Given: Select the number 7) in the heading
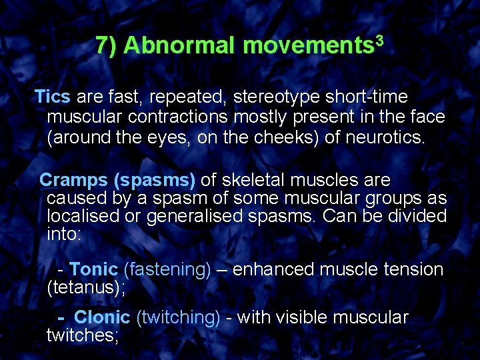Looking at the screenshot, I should pos(107,45).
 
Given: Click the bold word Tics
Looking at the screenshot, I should pos(52,97).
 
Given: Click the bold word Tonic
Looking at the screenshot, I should pos(93,270).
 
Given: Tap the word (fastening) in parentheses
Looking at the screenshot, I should pos(167,270).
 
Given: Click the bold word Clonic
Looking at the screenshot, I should pos(102,317).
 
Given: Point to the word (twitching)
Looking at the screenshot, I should pos(177,317).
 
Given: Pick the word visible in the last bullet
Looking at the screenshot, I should pos(304,317).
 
